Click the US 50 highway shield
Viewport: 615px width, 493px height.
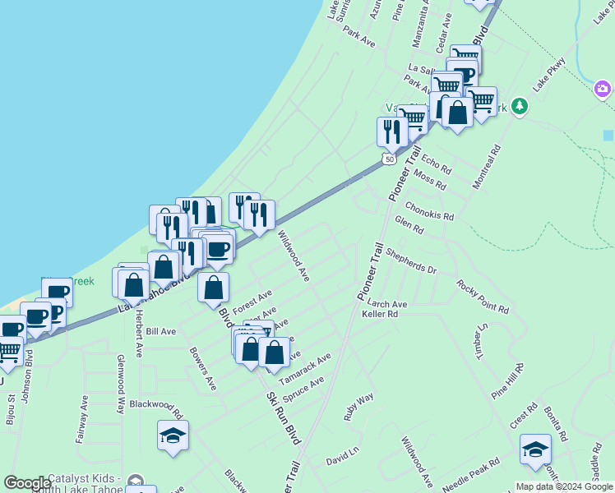[x=388, y=159]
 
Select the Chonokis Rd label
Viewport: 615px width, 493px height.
[x=429, y=213]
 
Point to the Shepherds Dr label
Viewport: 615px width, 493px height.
[x=410, y=262]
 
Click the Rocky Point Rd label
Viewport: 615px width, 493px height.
[x=483, y=297]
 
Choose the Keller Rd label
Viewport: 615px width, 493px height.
[x=380, y=314]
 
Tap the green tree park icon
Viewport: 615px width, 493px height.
[x=519, y=106]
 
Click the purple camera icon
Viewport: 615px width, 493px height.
[x=603, y=89]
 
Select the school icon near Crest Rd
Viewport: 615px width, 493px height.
[x=535, y=449]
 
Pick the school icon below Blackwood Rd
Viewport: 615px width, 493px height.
[x=173, y=435]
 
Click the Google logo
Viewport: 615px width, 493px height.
[x=27, y=483]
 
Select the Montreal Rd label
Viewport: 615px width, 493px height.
[x=486, y=168]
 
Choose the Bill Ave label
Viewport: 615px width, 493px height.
[x=161, y=331]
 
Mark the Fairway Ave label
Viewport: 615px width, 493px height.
[x=82, y=419]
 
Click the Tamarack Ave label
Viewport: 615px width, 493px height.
[x=304, y=367]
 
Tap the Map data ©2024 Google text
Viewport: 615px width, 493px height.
[x=563, y=486]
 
